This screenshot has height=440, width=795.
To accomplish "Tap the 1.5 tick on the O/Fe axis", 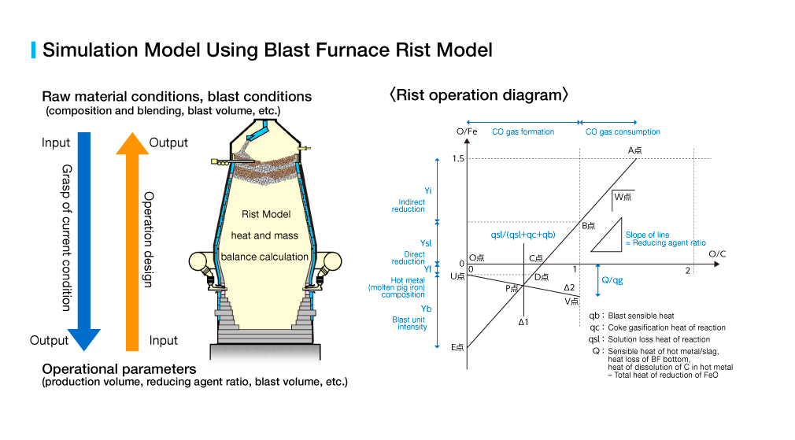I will [457, 159].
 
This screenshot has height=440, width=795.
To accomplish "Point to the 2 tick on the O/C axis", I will [687, 270].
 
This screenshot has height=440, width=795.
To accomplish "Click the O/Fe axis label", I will [467, 131].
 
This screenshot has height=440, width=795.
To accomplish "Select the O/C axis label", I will [717, 253].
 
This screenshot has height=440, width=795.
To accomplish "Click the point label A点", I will [636, 150].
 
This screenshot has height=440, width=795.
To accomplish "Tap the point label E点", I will [457, 347].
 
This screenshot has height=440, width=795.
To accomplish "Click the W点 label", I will [624, 196].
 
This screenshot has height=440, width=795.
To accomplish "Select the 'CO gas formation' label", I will [523, 131].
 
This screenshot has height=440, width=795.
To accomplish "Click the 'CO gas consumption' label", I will [623, 131].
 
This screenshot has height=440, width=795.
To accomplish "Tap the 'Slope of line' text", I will [647, 235].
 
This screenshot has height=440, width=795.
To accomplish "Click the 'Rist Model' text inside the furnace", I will [266, 214].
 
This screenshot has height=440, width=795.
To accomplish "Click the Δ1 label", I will [523, 322].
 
